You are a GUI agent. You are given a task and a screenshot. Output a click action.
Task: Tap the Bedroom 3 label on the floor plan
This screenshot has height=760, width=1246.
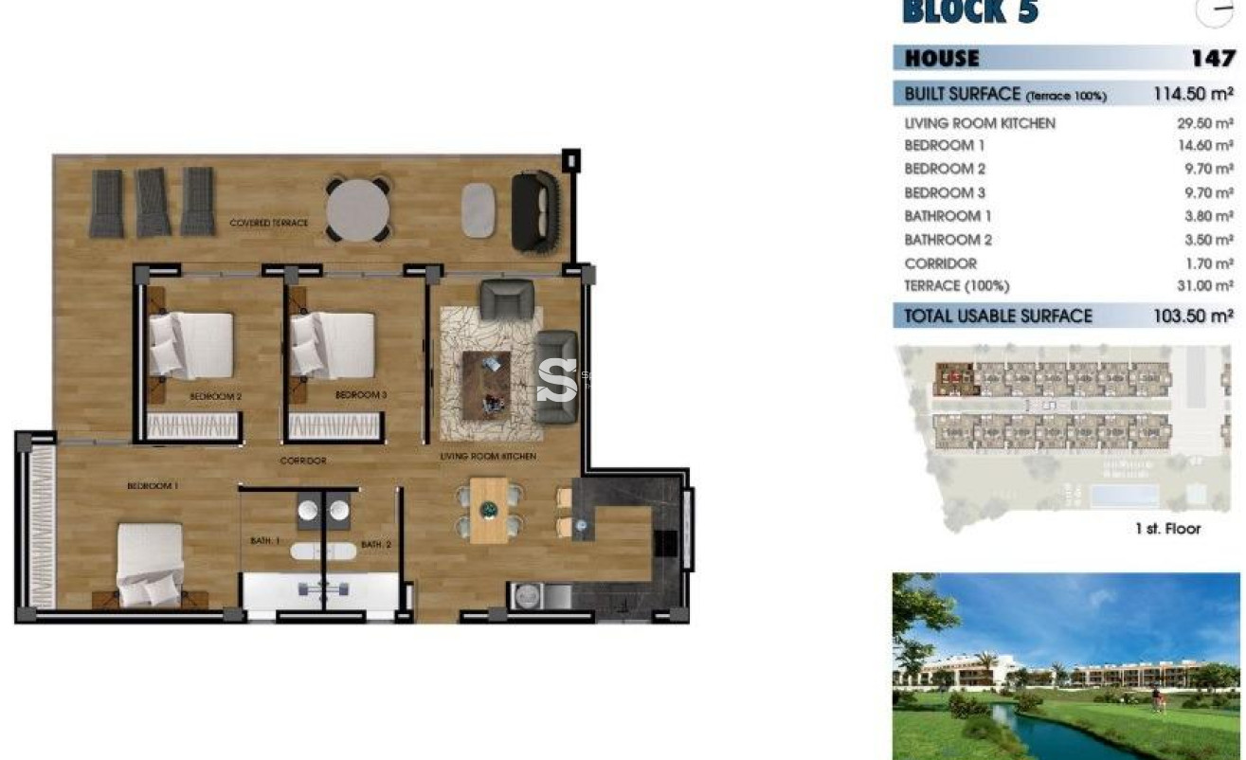[357, 394]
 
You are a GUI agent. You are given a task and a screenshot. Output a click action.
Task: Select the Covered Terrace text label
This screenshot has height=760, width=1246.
[268, 223]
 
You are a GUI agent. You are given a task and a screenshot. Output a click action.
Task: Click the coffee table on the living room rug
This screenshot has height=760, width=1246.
[486, 383]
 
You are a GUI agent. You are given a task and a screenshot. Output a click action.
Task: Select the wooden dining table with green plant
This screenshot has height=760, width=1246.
[489, 510]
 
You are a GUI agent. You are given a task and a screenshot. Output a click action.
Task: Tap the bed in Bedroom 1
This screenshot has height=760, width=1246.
[150, 566]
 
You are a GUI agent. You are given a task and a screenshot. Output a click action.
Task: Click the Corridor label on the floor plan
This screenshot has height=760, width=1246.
[303, 461]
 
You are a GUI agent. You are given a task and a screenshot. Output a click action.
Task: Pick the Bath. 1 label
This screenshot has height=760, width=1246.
[265, 541]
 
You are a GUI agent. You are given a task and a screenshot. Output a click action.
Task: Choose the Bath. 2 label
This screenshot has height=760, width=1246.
[375, 545]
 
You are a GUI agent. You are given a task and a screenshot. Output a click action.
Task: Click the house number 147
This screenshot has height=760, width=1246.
[1212, 59]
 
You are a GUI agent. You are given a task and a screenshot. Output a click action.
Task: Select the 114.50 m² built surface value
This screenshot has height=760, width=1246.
[1192, 94]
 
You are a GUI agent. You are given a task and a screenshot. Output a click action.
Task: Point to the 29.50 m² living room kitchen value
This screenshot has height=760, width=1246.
[1204, 123]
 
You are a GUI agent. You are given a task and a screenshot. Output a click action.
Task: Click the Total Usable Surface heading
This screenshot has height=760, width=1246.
[998, 317]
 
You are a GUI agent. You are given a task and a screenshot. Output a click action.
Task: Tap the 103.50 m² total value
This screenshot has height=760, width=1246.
[1192, 317]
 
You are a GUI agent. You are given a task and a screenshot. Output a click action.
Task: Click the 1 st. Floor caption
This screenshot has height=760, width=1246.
[1167, 529]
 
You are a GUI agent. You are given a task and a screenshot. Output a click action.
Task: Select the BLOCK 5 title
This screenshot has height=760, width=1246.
[970, 12]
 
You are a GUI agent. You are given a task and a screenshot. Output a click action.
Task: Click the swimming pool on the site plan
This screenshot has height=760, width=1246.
[1126, 496]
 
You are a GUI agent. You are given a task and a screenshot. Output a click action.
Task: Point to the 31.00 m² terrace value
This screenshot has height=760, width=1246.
[1204, 286]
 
